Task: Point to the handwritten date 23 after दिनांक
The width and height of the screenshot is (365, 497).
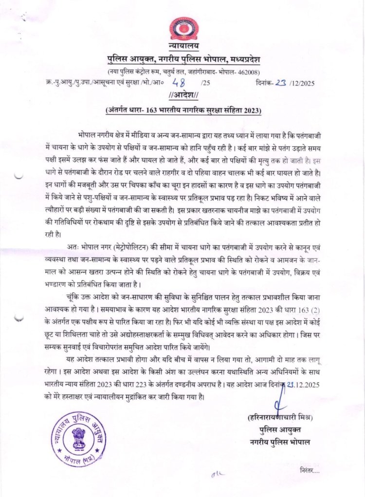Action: pyautogui.click(x=280, y=82)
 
